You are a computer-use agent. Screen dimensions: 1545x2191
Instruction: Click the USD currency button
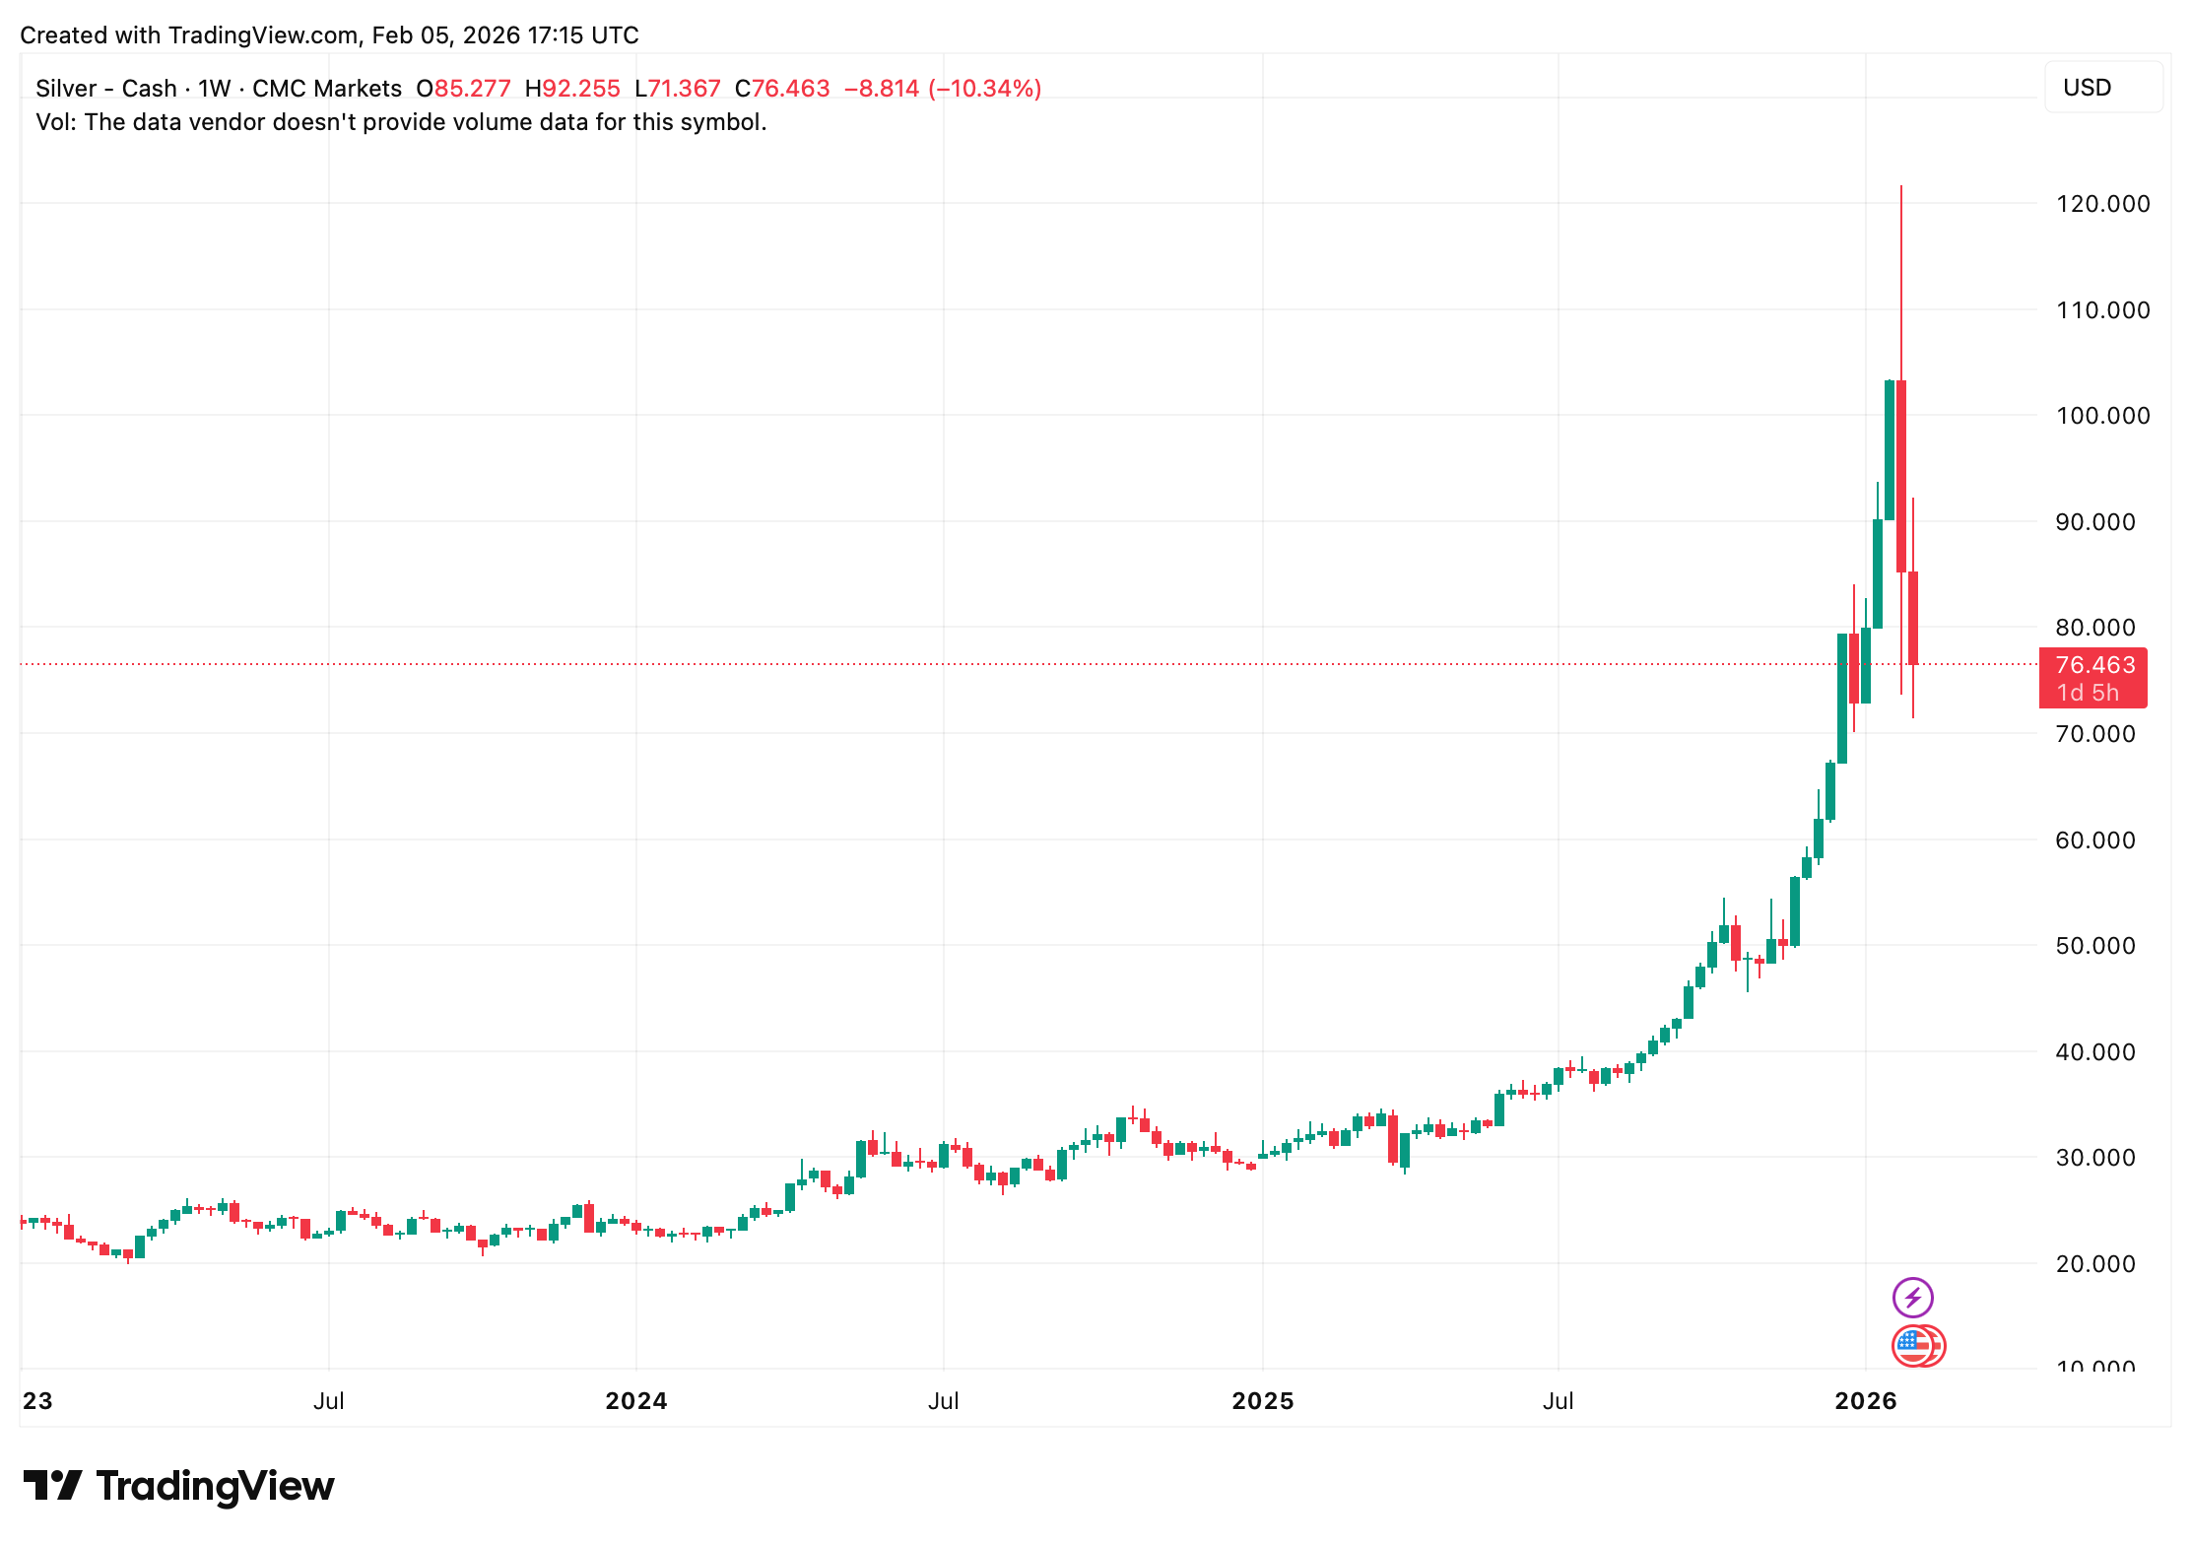click(2087, 88)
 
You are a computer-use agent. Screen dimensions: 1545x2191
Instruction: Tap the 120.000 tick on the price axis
click(2102, 204)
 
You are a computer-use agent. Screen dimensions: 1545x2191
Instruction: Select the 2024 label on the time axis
click(635, 1400)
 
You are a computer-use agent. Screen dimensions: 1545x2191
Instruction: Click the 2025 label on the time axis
click(1262, 1400)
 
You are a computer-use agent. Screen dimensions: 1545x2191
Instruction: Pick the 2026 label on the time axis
click(1865, 1400)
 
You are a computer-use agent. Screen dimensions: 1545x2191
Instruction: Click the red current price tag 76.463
click(2094, 665)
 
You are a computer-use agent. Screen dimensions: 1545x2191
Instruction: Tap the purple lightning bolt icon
click(1912, 1297)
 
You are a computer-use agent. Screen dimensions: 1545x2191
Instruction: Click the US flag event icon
click(1914, 1346)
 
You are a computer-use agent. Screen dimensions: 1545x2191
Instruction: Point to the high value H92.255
click(572, 89)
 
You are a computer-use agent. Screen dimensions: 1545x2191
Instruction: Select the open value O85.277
click(463, 89)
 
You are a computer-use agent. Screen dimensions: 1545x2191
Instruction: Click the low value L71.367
click(678, 89)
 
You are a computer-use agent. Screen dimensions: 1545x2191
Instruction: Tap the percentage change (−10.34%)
click(984, 89)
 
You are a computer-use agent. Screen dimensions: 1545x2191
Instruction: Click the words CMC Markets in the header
click(326, 89)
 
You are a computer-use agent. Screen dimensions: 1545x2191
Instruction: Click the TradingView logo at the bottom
click(178, 1486)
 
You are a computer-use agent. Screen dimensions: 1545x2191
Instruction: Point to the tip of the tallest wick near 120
click(1900, 187)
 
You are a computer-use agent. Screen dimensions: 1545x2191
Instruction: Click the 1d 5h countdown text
click(2087, 693)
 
